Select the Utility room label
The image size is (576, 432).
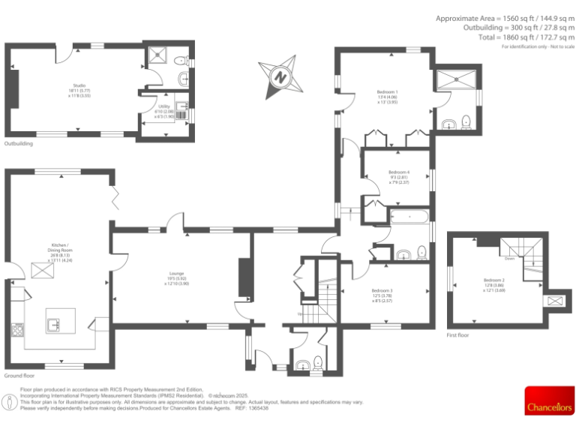click(x=165, y=111)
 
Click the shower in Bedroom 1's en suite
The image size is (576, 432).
click(x=457, y=77)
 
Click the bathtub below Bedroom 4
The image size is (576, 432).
click(x=409, y=217)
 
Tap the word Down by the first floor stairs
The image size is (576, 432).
click(x=509, y=257)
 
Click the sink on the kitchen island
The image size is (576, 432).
click(x=55, y=325)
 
